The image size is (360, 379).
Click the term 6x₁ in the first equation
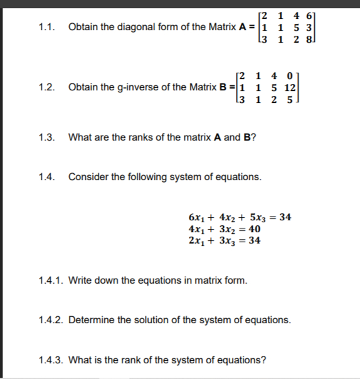[x=196, y=218]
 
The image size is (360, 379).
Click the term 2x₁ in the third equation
[x=196, y=240]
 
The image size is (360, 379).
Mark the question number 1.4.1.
[x=51, y=280]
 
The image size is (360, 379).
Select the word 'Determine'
[x=92, y=320]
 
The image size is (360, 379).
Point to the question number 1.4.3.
[x=51, y=360]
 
